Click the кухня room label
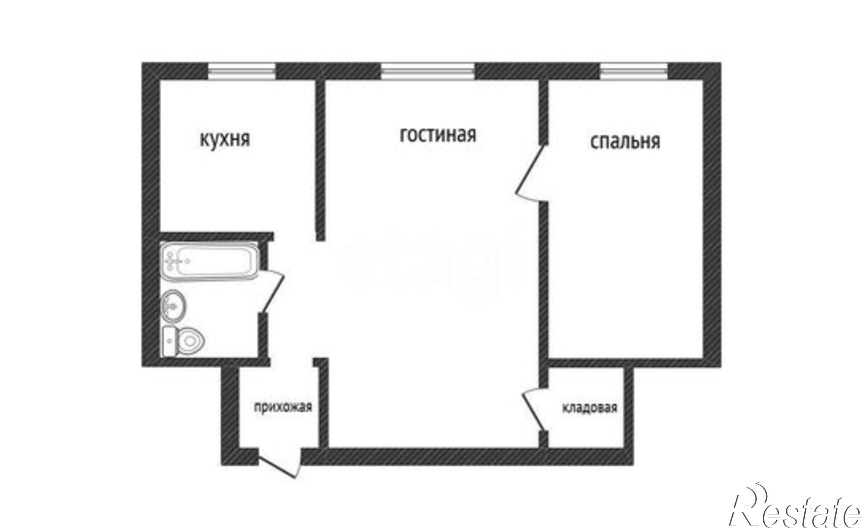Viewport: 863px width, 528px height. click(x=224, y=140)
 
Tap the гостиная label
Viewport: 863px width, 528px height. click(x=438, y=135)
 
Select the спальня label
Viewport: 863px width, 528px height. click(x=625, y=142)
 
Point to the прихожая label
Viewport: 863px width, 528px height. click(x=283, y=407)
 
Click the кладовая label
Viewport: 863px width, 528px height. click(x=589, y=408)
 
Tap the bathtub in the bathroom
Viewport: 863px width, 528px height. click(x=210, y=260)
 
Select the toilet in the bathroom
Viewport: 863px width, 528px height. click(x=183, y=341)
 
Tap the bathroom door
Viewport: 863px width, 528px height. click(x=272, y=291)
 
